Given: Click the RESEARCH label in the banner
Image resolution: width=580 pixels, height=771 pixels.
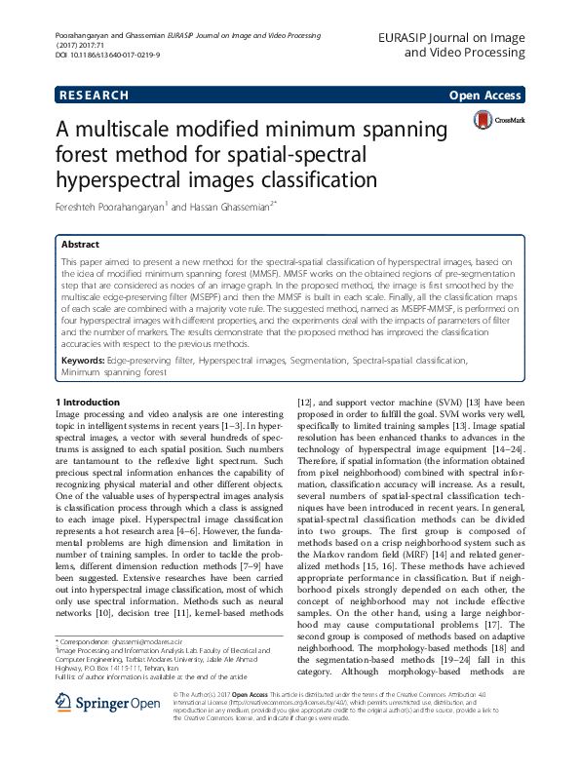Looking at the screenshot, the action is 95,96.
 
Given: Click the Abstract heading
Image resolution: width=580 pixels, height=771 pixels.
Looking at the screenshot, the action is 81,245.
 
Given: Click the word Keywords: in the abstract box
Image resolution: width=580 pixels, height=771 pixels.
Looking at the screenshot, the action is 83,361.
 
